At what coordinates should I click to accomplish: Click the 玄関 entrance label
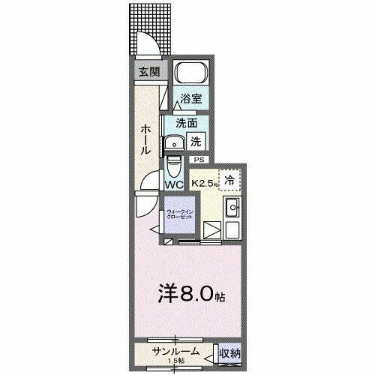point(148,72)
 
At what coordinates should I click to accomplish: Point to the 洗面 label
point(187,122)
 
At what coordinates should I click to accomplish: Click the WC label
point(175,184)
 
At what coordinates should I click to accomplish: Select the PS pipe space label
point(199,160)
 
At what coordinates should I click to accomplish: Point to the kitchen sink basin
point(232,208)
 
